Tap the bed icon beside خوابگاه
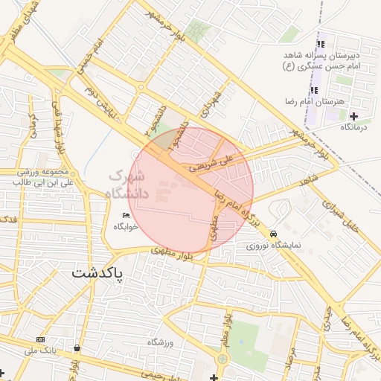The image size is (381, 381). click(x=125, y=216)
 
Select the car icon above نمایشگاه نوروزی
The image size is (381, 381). click(x=274, y=233)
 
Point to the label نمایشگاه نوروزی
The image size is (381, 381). click(x=274, y=244)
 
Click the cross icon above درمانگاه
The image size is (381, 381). click(x=353, y=117)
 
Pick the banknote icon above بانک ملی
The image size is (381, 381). click(x=40, y=339)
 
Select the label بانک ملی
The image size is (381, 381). click(x=40, y=350)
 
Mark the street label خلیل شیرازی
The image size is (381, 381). click(x=349, y=217)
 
